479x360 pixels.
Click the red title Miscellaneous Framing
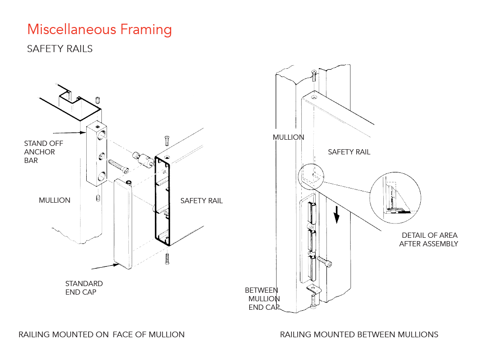pyautogui.click(x=99, y=29)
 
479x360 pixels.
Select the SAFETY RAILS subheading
pyautogui.click(x=60, y=49)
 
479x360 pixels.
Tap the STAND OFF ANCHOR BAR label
pyautogui.click(x=43, y=152)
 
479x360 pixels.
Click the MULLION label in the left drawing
pyautogui.click(x=54, y=200)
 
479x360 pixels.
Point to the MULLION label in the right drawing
pyautogui.click(x=289, y=137)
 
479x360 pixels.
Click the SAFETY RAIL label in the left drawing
pyautogui.click(x=201, y=201)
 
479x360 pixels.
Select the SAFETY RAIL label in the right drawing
pyautogui.click(x=349, y=152)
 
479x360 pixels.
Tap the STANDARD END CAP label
pyautogui.click(x=84, y=288)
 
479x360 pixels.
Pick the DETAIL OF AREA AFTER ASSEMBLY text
pyautogui.click(x=428, y=239)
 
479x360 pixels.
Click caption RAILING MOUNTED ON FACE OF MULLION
pyautogui.click(x=101, y=334)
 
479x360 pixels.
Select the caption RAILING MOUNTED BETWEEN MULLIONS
pyautogui.click(x=359, y=334)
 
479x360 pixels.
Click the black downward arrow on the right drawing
pyautogui.click(x=337, y=216)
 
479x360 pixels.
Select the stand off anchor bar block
pyautogui.click(x=98, y=154)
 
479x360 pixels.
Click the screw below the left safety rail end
pyautogui.click(x=167, y=258)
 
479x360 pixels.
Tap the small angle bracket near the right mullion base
pyautogui.click(x=313, y=289)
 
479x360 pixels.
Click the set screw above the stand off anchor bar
pyautogui.click(x=98, y=100)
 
